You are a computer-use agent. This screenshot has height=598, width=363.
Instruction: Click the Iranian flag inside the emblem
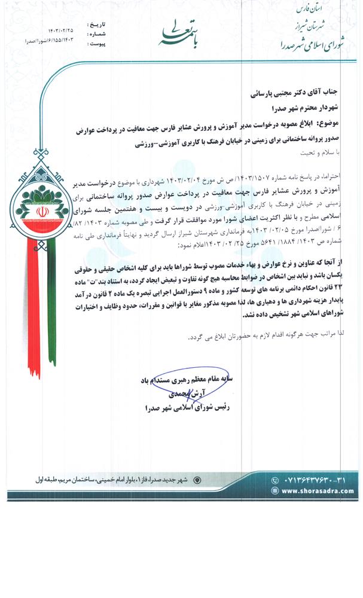click(41, 213)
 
